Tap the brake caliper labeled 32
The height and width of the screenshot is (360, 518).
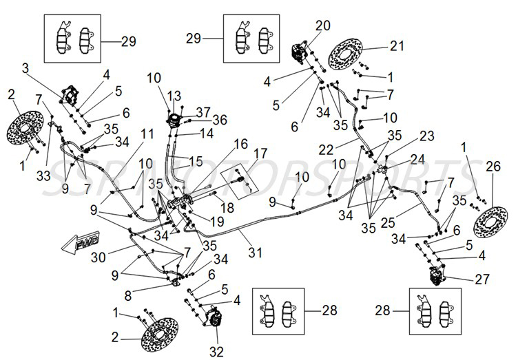[x=213, y=319]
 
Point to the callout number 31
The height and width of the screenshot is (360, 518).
[x=256, y=253]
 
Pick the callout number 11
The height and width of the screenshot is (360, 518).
[x=147, y=133]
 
